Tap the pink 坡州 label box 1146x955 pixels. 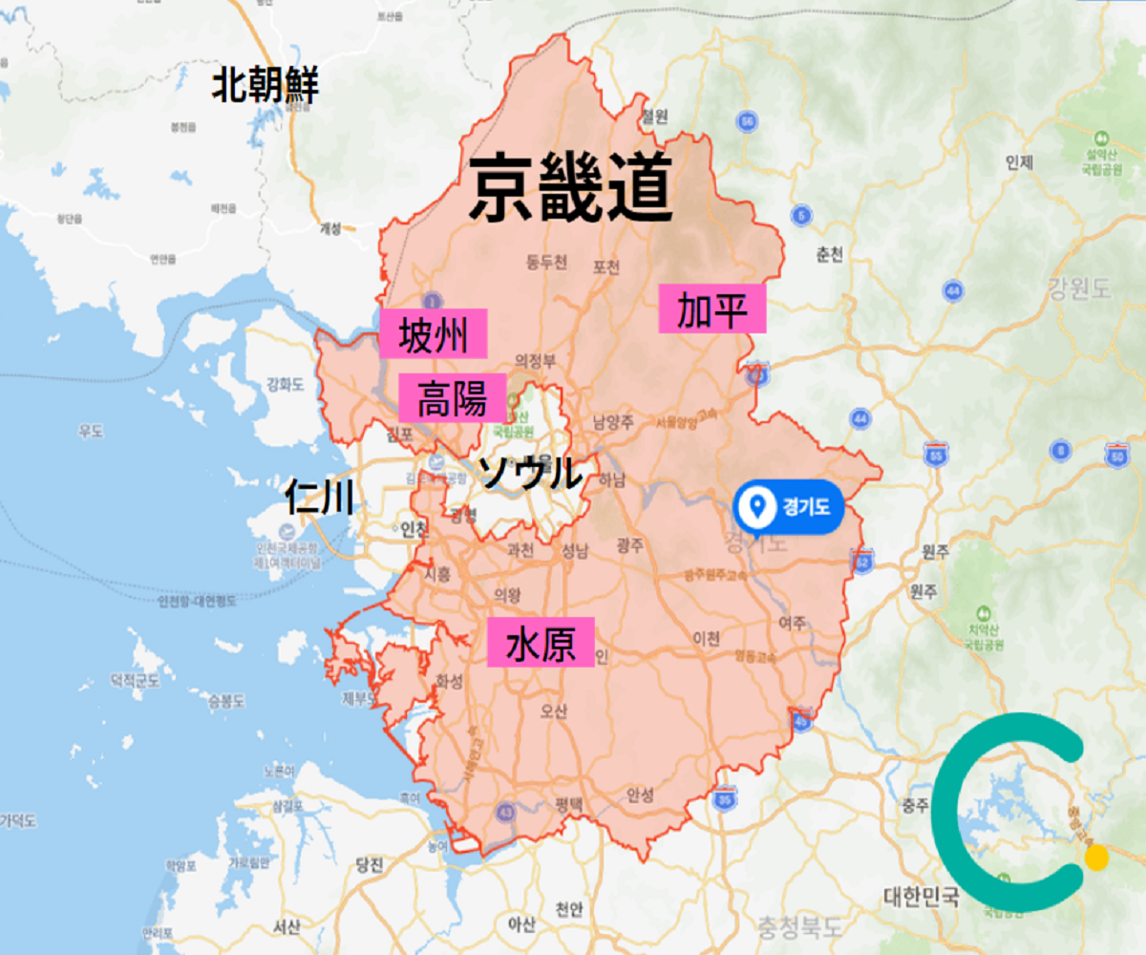[x=434, y=334]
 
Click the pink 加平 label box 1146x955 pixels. [x=712, y=308]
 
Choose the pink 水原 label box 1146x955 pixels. [x=541, y=642]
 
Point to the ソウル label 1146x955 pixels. [x=528, y=473]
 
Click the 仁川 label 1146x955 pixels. [x=320, y=497]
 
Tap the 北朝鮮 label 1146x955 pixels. [x=265, y=86]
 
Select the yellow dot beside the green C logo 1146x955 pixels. [x=1096, y=857]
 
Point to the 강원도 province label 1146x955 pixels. [x=1079, y=287]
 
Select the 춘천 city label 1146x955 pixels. [x=830, y=255]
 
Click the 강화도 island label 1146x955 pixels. [x=284, y=386]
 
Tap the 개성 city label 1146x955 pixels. [x=329, y=229]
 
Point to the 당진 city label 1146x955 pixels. [x=369, y=865]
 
